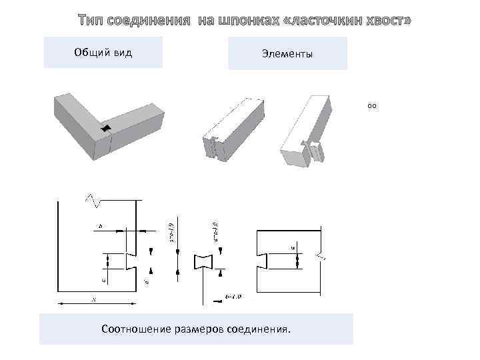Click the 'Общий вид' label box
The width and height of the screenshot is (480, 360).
tap(103, 53)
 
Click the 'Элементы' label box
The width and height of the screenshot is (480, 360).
tap(287, 54)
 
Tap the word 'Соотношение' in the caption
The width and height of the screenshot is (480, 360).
tap(131, 329)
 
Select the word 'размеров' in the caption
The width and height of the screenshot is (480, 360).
tap(197, 329)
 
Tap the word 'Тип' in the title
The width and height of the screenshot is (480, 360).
tap(91, 21)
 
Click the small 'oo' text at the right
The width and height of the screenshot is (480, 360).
tap(372, 105)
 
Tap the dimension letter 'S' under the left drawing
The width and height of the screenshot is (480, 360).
tap(94, 300)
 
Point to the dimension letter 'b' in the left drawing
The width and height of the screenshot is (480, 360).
tap(100, 227)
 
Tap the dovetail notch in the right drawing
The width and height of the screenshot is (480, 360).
tap(262, 259)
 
